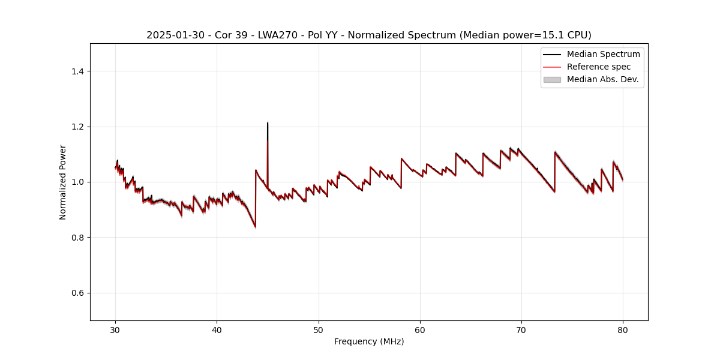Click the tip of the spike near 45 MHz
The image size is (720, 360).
pos(268,123)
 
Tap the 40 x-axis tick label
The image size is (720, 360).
pos(217,330)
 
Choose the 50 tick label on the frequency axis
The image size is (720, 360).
pos(319,330)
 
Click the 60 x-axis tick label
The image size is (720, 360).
pos(420,330)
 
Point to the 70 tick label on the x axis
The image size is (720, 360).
pos(521,330)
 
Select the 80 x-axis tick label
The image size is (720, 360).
pos(623,330)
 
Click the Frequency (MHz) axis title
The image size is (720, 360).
pos(369,342)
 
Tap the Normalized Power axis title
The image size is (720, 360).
pos(63,182)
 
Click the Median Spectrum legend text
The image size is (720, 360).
pos(603,54)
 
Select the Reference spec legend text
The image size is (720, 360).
pos(598,67)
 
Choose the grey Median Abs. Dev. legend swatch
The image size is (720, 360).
pos(552,79)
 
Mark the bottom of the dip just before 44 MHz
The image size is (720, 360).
pos(255,227)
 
